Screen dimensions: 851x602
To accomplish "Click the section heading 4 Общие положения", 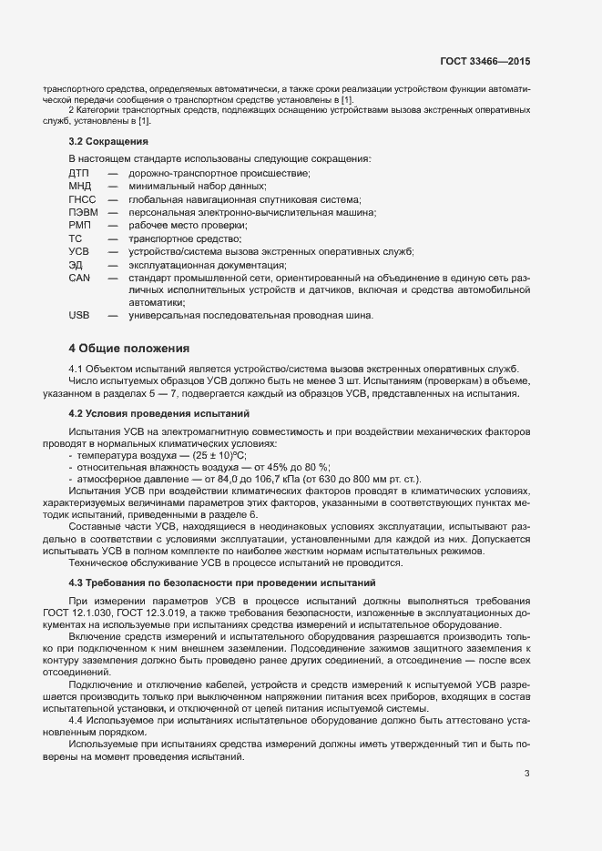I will click(128, 348).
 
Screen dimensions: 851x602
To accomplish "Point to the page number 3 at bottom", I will click(526, 775).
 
